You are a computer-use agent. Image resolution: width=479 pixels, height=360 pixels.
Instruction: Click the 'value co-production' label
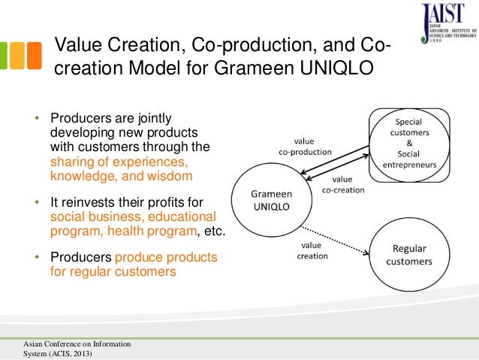[x=303, y=146]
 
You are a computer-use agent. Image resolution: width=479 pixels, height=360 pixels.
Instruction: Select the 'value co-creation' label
[x=342, y=185]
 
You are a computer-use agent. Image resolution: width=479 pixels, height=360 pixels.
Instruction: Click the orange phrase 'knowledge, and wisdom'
[x=121, y=176]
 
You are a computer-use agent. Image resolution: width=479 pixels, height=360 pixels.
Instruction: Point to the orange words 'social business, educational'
[x=121, y=217]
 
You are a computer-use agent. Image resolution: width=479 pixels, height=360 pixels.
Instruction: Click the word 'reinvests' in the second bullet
[x=89, y=204]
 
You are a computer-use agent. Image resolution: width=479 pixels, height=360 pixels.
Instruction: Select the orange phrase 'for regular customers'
[x=113, y=271]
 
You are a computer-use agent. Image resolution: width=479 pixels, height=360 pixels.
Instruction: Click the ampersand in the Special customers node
[x=408, y=143]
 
